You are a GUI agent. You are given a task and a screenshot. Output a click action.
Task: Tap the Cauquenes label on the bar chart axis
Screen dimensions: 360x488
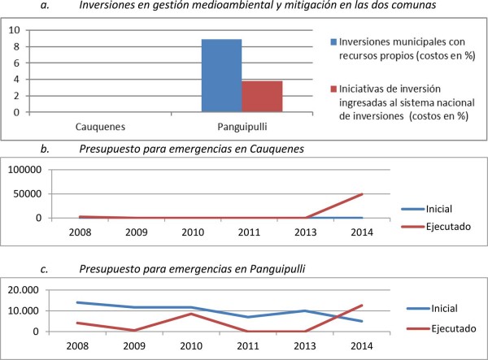click(102, 128)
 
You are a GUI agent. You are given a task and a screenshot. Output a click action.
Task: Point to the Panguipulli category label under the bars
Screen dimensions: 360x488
click(242, 128)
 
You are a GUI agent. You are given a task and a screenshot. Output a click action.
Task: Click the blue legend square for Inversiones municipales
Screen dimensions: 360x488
click(333, 41)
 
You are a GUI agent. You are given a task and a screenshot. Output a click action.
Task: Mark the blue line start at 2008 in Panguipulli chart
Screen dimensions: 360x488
click(78, 302)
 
